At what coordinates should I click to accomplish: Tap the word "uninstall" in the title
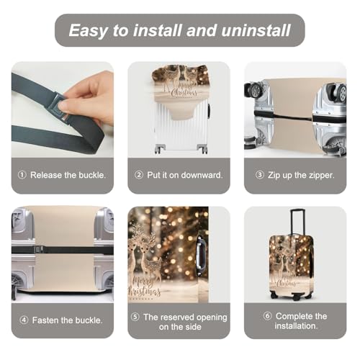point(256,30)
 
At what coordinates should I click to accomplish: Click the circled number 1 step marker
point(22,175)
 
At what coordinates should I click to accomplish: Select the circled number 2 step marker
point(139,175)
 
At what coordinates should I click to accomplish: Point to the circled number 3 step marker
point(259,175)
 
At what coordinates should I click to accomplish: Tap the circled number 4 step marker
point(24,320)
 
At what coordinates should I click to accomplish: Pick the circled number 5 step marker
point(135,317)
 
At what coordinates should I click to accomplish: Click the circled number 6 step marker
point(267,316)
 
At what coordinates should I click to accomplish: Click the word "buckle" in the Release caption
point(91,175)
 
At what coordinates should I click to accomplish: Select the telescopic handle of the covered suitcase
point(297,222)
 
